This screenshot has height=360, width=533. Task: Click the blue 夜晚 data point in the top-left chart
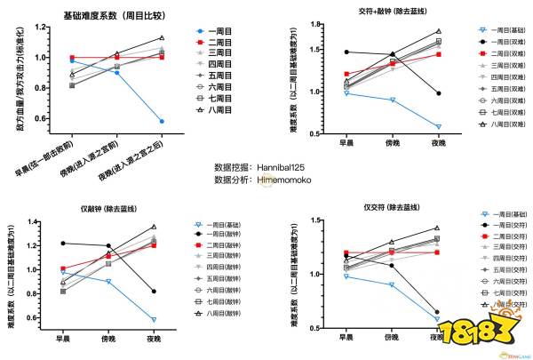[161, 121]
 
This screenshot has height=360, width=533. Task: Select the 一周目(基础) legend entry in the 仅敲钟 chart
[222, 225]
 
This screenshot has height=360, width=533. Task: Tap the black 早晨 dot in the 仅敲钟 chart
[62, 243]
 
